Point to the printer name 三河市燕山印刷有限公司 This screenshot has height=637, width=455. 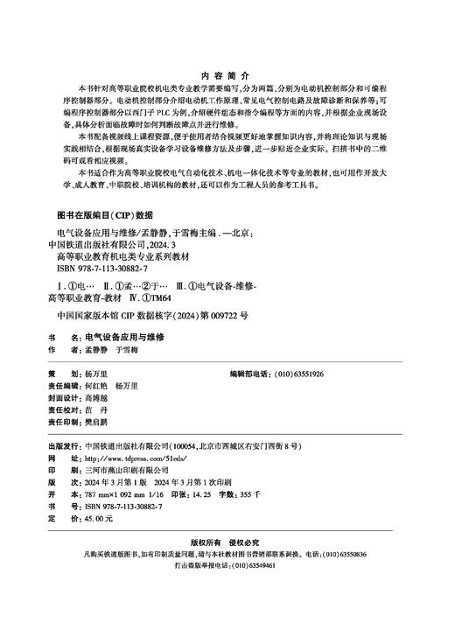coord(129,470)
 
